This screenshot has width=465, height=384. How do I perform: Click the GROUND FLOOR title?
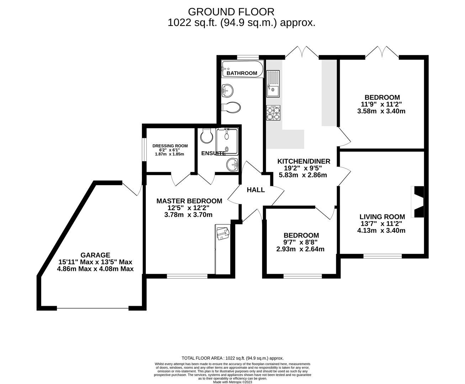coord(231,12)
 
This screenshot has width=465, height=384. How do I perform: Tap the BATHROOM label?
coord(242,73)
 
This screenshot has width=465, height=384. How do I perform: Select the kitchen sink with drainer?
coord(273,84)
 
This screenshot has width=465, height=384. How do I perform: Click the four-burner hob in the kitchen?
coord(273,113)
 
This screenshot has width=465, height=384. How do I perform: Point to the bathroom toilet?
coord(231,107)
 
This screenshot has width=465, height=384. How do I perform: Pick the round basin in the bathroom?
coord(227,91)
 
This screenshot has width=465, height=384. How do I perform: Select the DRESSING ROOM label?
coord(170,146)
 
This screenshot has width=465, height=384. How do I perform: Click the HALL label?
coord(255,190)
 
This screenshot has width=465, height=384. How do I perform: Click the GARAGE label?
coord(95,255)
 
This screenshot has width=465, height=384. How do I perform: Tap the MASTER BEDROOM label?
coord(189,201)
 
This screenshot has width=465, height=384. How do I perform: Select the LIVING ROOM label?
coord(382,217)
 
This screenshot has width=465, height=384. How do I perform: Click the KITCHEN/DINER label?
coord(303,161)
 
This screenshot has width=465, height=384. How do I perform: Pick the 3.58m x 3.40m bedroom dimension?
coord(381,111)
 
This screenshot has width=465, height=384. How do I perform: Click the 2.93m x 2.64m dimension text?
coord(301,249)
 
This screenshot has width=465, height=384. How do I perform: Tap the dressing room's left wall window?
coord(144,149)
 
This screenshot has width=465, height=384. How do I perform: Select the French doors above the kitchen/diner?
coord(302,52)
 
